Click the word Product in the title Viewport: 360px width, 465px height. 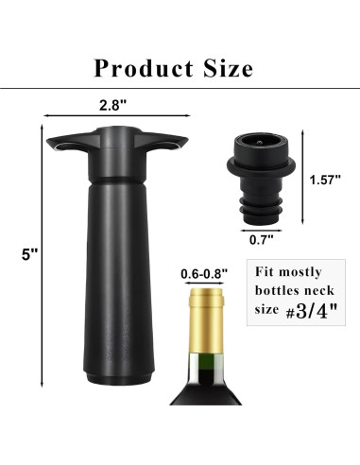click(x=144, y=68)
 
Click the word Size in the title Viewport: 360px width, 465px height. click(x=229, y=68)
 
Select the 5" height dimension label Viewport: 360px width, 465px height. click(x=30, y=254)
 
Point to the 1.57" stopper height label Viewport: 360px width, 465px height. click(x=325, y=180)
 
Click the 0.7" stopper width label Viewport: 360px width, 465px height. click(x=262, y=240)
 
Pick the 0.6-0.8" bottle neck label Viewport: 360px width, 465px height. click(x=204, y=274)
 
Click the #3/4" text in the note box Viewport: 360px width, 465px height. click(x=311, y=311)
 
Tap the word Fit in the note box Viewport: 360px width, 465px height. click(x=265, y=271)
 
